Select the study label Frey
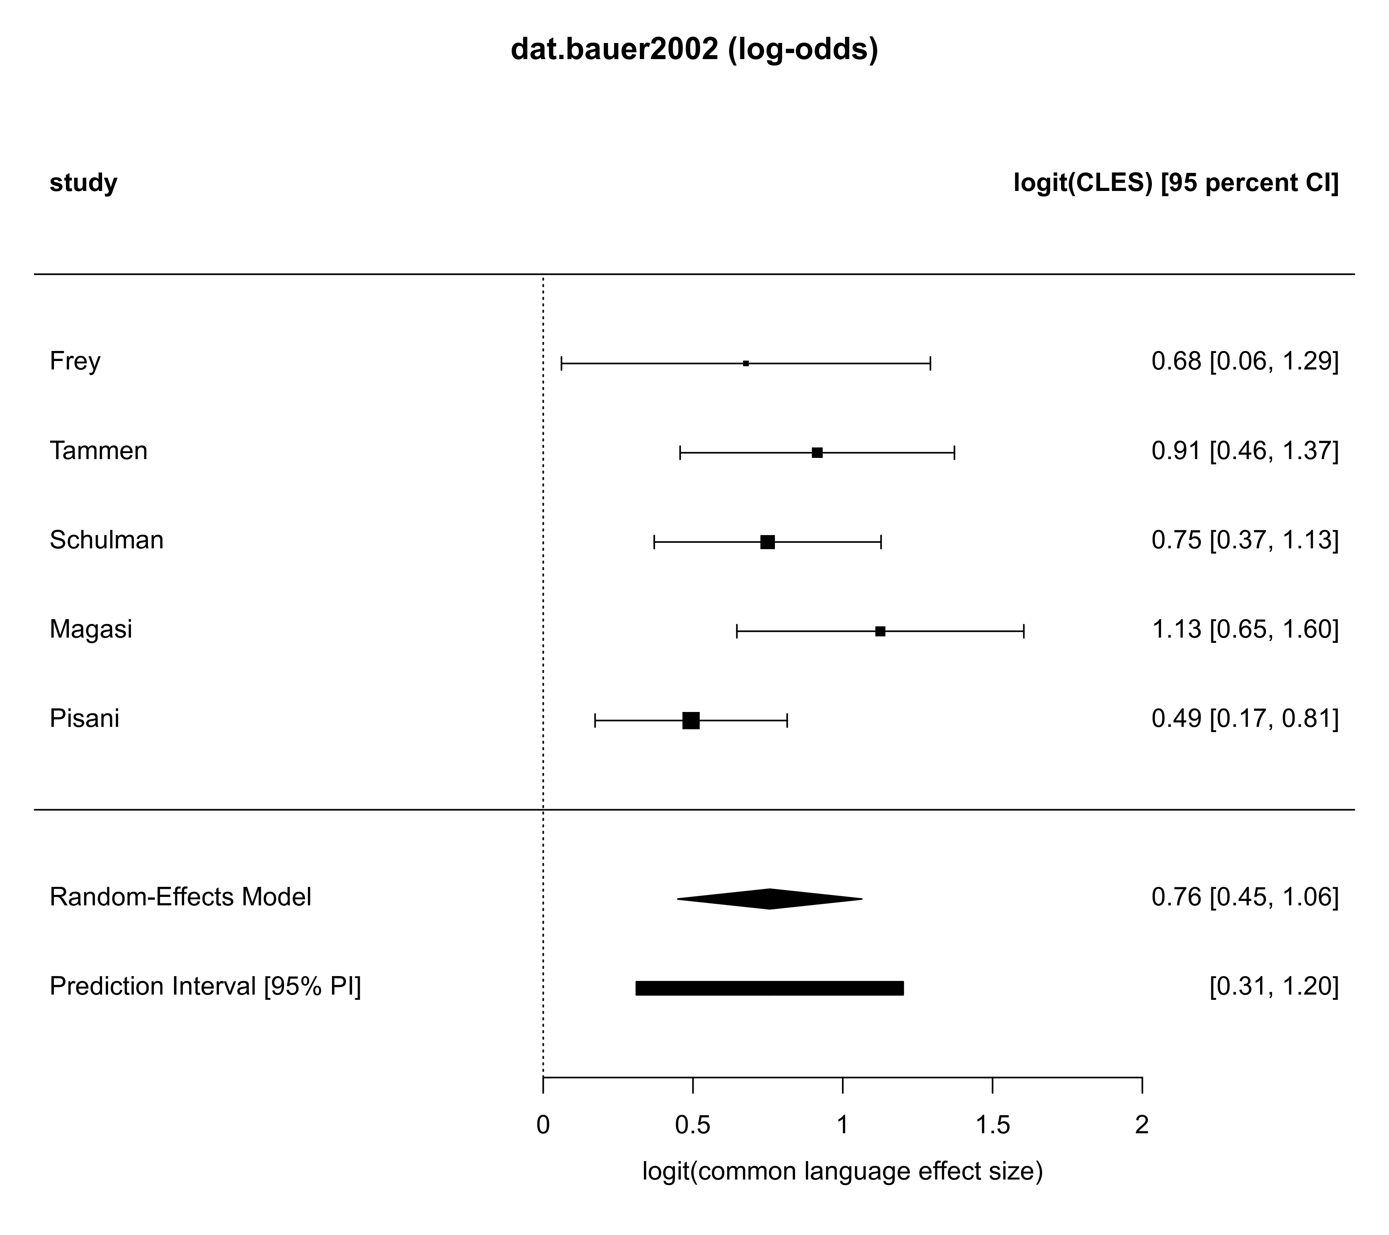pyautogui.click(x=75, y=361)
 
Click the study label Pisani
pyautogui.click(x=84, y=718)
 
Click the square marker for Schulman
pyautogui.click(x=767, y=542)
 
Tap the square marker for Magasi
pyautogui.click(x=880, y=632)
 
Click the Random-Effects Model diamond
pyautogui.click(x=770, y=899)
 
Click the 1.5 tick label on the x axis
pyautogui.click(x=992, y=1126)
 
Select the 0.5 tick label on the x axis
pyautogui.click(x=692, y=1126)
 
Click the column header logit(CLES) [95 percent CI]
pyautogui.click(x=1176, y=183)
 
